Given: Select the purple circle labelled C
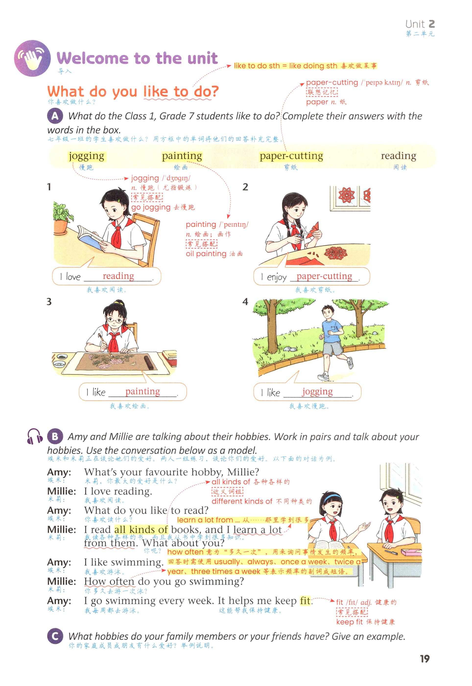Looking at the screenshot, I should (55, 636).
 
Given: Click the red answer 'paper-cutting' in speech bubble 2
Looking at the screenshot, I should (324, 276).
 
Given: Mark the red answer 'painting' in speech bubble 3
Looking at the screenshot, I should (142, 391).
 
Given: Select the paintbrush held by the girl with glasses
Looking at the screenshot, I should (105, 344).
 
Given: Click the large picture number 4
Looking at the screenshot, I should (245, 302).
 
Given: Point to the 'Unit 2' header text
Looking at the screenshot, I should (420, 24).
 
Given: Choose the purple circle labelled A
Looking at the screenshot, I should (55, 116).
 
